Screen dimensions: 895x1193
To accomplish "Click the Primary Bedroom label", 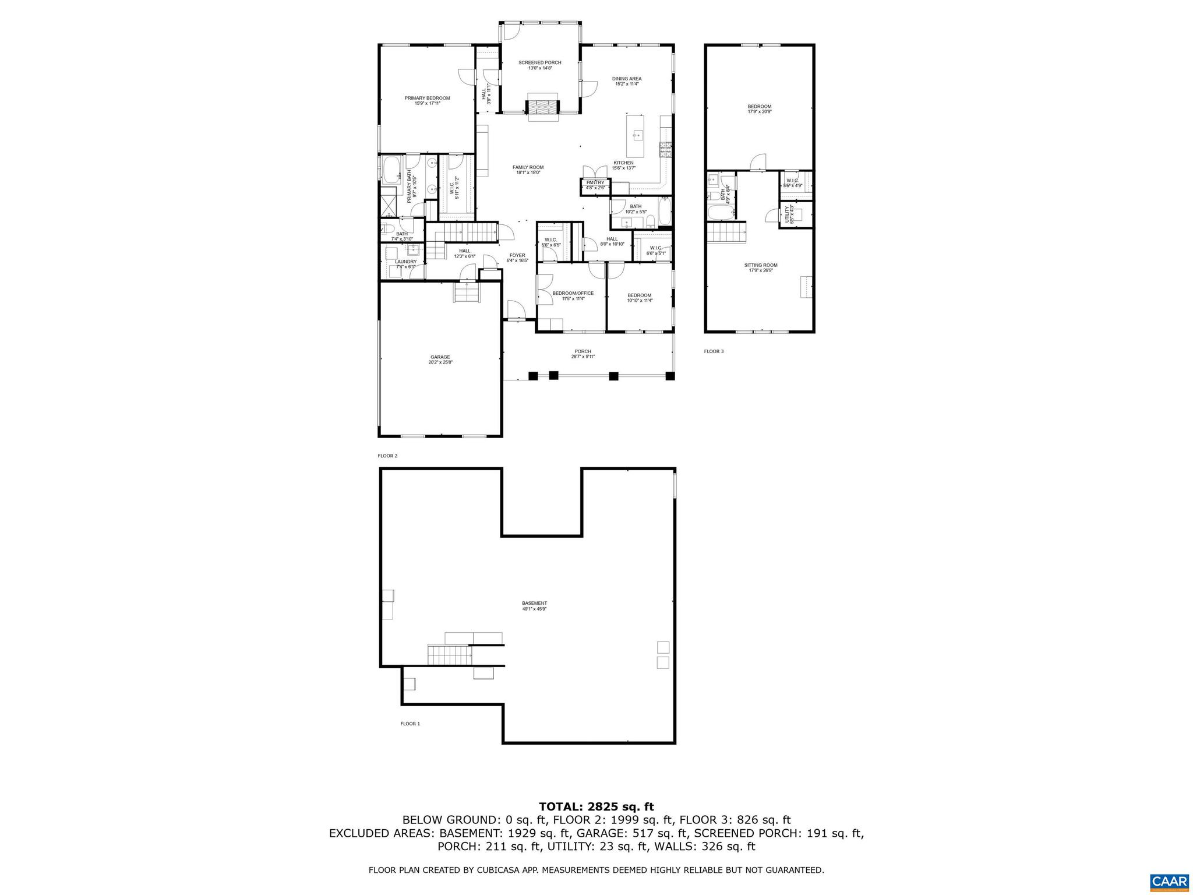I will (427, 98).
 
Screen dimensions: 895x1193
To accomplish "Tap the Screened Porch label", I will (539, 63).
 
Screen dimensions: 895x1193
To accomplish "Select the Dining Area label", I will (626, 79).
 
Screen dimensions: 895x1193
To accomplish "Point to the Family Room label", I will (528, 167).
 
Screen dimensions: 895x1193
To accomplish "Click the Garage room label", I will (440, 357).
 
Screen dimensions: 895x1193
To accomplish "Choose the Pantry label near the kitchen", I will (595, 182).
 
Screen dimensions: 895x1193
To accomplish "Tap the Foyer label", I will (517, 255).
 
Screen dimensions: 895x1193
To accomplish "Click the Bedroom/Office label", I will (573, 293).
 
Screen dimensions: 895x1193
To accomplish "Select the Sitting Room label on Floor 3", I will (760, 265).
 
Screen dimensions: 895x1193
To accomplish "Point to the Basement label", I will (534, 603).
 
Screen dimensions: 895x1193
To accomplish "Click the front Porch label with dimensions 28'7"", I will (583, 351).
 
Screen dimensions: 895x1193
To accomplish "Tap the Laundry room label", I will (405, 262).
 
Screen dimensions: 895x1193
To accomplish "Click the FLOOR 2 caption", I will (387, 456).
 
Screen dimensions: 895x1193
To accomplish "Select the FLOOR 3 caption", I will (714, 351).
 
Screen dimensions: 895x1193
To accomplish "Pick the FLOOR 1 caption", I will (410, 724).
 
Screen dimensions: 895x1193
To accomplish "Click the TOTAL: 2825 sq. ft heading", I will (596, 807).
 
